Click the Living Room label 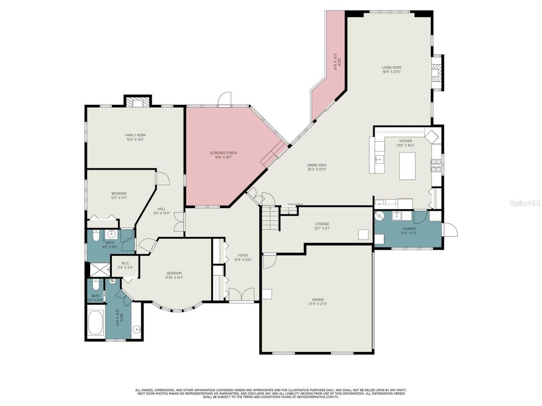click(391, 68)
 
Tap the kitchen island click(408, 165)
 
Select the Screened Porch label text click(223, 153)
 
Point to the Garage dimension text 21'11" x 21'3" click(318, 304)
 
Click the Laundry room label click(409, 229)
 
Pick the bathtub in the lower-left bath click(96, 324)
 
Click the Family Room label click(135, 135)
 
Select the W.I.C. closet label click(125, 263)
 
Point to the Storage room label click(322, 224)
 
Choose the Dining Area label click(317, 165)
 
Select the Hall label click(161, 208)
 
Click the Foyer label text click(243, 255)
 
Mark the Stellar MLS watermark click(525, 203)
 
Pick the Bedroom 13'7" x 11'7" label click(119, 194)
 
